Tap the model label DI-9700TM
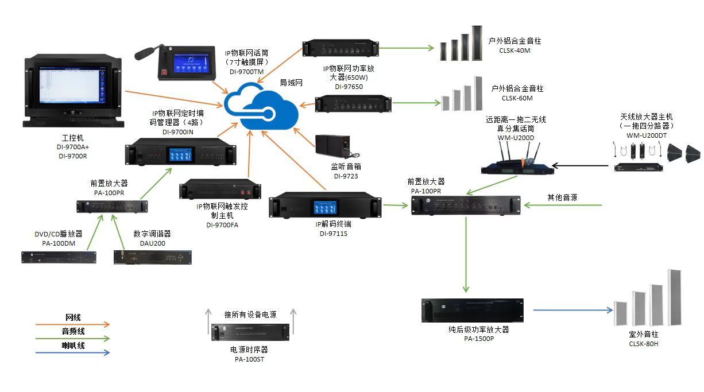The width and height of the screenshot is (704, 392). point(246,72)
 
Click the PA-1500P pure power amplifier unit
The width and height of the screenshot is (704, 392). point(473,310)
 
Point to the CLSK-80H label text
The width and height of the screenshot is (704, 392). point(643,344)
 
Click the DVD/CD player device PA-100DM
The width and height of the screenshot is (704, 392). point(59,257)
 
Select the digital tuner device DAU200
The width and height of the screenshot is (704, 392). point(152,257)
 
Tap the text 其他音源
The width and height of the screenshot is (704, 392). point(562,197)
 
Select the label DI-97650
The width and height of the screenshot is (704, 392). point(349,87)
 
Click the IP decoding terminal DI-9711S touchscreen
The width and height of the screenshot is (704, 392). point(324,207)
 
